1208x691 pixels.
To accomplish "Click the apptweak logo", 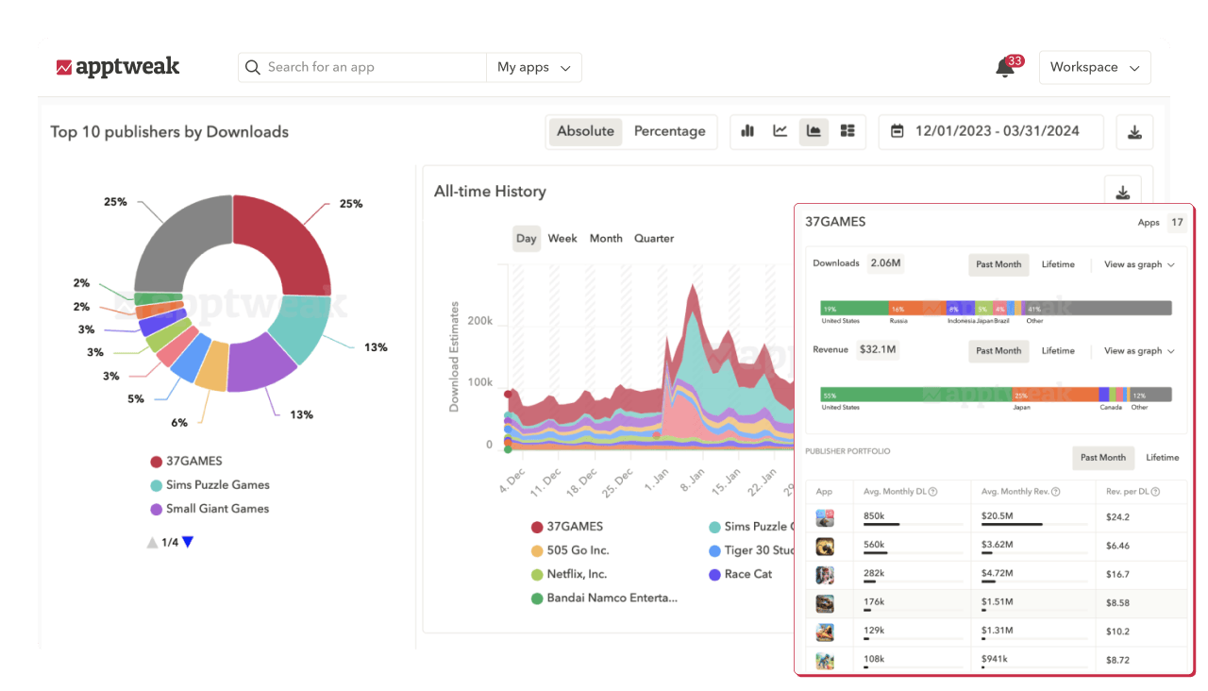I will tap(118, 67).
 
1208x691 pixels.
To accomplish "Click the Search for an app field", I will tap(363, 67).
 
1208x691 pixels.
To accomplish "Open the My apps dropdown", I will tap(534, 67).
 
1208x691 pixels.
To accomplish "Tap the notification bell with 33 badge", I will tap(1006, 68).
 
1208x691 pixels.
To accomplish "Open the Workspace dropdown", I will tap(1095, 67).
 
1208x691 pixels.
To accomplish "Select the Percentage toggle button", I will tap(669, 131).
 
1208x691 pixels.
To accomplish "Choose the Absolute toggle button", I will tap(585, 131).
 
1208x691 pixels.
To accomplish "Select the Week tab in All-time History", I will tap(562, 238).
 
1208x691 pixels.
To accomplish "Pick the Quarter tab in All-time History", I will tap(654, 238).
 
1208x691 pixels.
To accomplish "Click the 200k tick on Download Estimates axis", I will tap(480, 321).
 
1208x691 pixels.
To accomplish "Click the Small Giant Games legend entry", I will tap(217, 508).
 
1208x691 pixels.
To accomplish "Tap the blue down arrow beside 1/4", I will tap(188, 542).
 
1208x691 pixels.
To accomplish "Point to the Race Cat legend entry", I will tap(747, 574).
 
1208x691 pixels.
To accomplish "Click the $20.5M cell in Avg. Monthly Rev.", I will tap(998, 516).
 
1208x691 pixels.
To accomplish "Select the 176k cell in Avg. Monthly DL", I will tap(874, 602).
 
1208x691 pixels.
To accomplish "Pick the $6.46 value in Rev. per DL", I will tap(1118, 546).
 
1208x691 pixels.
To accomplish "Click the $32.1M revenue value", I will tap(878, 350).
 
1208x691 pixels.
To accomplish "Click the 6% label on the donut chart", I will tap(179, 422).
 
